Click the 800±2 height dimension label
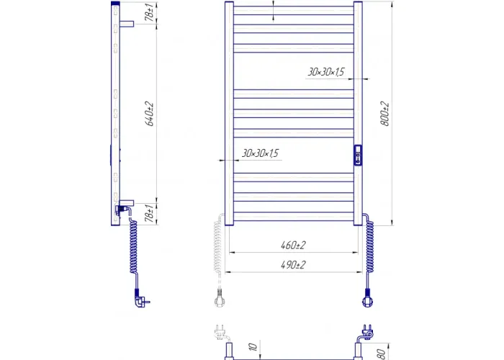(x=384, y=114)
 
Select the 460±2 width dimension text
(x=293, y=246)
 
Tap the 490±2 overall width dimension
(x=293, y=265)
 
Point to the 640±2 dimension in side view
(x=150, y=114)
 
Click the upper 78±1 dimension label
(x=149, y=12)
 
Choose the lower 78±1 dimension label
(x=149, y=213)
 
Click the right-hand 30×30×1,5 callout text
(x=326, y=72)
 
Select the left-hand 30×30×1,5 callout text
(x=260, y=153)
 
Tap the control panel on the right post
(x=358, y=156)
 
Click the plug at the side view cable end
(x=142, y=299)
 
